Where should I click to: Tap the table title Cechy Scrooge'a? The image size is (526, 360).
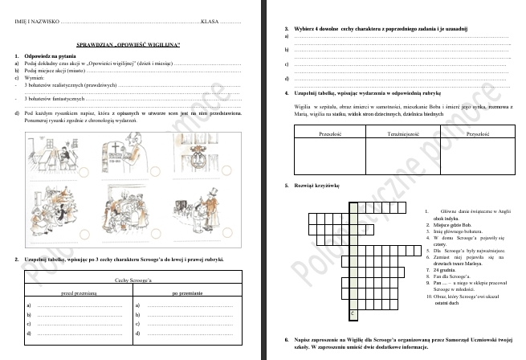133,279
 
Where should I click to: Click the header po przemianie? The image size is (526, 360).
186,293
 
